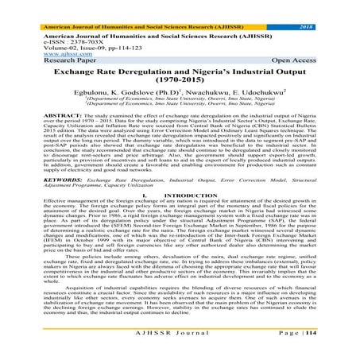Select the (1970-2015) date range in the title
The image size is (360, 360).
180,70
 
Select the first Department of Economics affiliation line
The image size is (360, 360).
180,92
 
